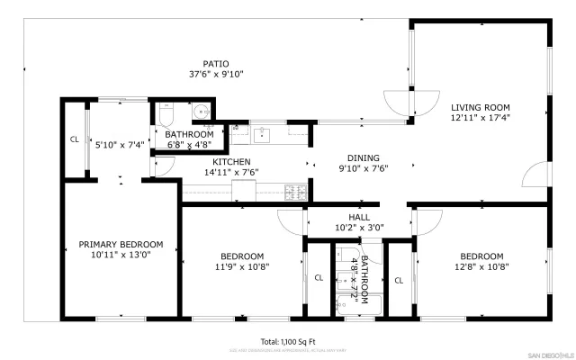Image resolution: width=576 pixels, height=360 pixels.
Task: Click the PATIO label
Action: (x=215, y=64)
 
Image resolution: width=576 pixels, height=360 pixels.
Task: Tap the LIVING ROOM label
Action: (x=480, y=107)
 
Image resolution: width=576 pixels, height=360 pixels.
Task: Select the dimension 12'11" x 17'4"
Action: (x=480, y=118)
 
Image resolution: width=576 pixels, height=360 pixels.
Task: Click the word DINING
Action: (x=358, y=157)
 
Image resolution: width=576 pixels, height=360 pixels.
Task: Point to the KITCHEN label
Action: (x=219, y=162)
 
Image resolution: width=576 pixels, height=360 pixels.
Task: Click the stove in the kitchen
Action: (x=295, y=192)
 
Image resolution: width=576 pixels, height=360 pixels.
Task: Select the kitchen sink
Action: (x=262, y=135)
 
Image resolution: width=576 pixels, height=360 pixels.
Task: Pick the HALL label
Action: (x=359, y=217)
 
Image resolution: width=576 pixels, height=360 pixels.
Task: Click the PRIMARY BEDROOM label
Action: (x=121, y=244)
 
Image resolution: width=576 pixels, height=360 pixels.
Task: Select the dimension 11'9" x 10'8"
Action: (x=242, y=266)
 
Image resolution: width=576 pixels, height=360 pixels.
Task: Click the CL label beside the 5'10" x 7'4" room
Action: (x=74, y=139)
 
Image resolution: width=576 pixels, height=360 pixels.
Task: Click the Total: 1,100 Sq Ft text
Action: (x=288, y=342)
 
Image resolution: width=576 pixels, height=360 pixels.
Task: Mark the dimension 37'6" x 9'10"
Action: (x=215, y=75)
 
